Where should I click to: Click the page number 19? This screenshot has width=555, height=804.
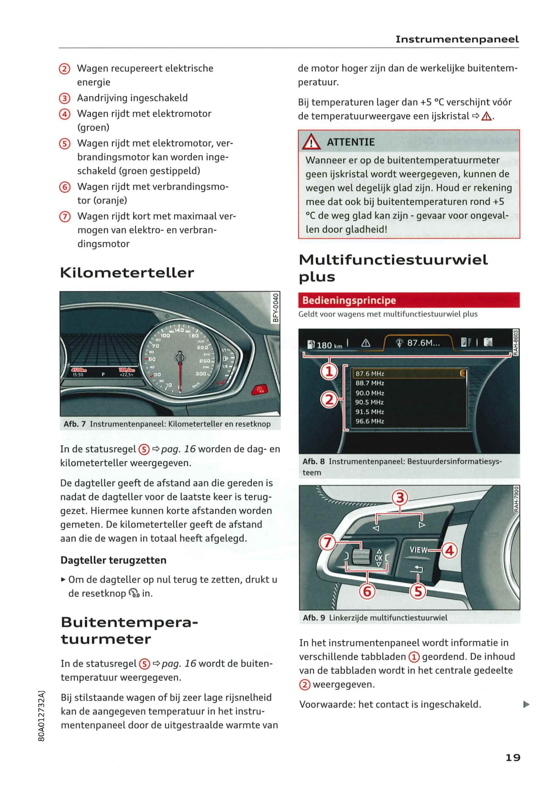pyautogui.click(x=513, y=757)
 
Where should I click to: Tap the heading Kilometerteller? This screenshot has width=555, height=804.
pyautogui.click(x=127, y=273)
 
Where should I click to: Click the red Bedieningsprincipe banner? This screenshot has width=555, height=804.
pyautogui.click(x=408, y=300)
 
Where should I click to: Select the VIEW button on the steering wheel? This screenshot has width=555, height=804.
pyautogui.click(x=418, y=550)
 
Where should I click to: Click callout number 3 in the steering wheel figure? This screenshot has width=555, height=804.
pyautogui.click(x=399, y=498)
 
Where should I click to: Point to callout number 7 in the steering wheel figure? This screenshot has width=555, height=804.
pyautogui.click(x=327, y=542)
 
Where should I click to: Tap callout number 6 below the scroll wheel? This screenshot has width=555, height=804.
pyautogui.click(x=367, y=591)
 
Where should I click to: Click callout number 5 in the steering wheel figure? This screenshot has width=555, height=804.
pyautogui.click(x=417, y=591)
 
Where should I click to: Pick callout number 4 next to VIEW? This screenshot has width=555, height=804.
pyautogui.click(x=450, y=550)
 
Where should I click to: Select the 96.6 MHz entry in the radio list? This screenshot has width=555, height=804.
pyautogui.click(x=370, y=421)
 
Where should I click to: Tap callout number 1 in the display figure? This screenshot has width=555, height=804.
pyautogui.click(x=329, y=371)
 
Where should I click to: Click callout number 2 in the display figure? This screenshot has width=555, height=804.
pyautogui.click(x=329, y=400)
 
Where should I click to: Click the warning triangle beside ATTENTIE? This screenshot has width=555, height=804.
pyautogui.click(x=311, y=142)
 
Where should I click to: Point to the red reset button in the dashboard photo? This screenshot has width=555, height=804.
pyautogui.click(x=260, y=389)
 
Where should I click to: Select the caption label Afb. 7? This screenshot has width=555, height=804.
pyautogui.click(x=74, y=424)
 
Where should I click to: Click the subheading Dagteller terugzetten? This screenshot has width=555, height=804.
pyautogui.click(x=113, y=560)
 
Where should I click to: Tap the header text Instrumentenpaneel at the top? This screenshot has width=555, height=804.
pyautogui.click(x=457, y=39)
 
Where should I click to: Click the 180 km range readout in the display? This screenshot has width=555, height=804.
pyautogui.click(x=330, y=345)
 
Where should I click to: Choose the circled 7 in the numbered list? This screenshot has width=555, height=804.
pyautogui.click(x=65, y=216)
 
